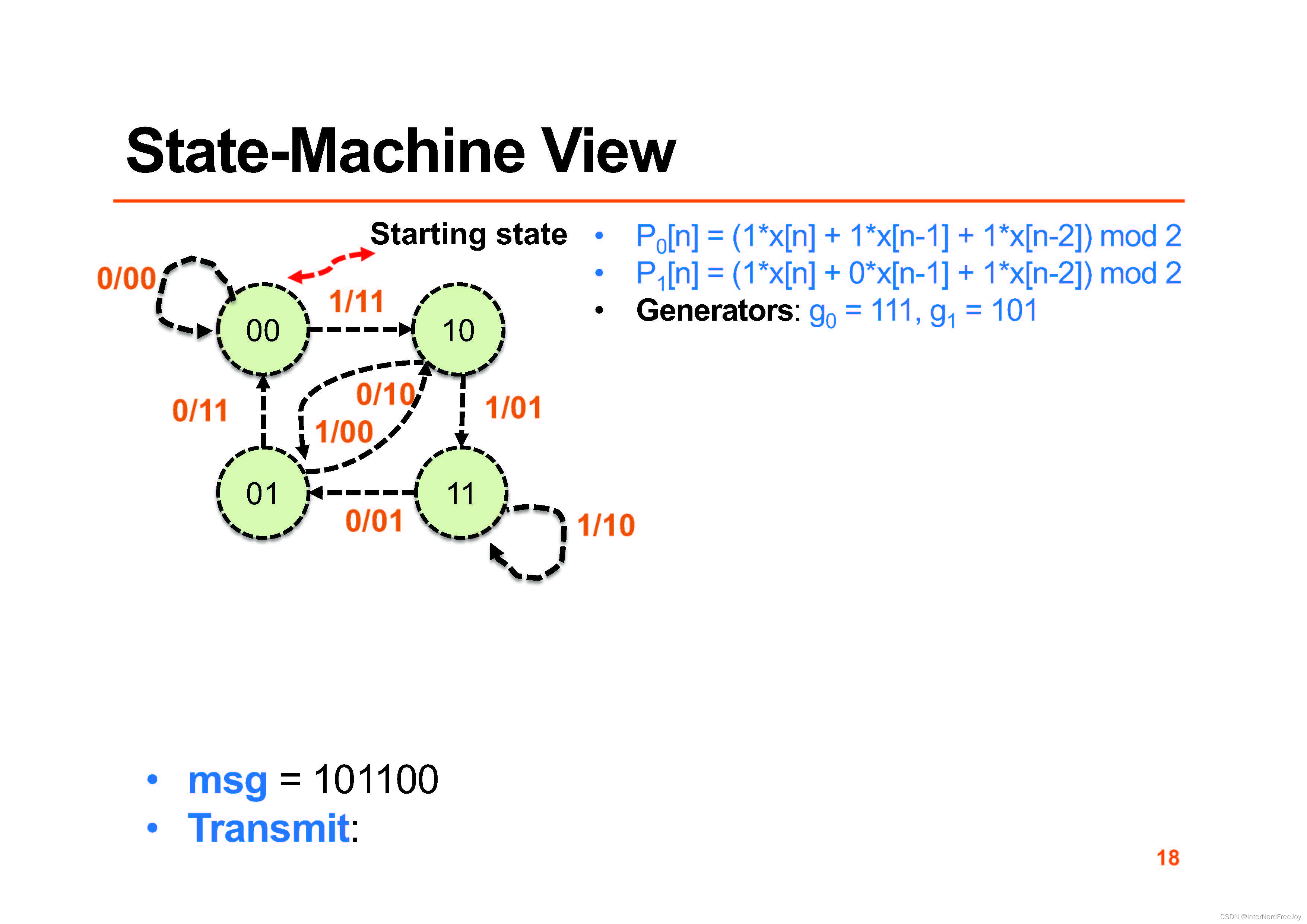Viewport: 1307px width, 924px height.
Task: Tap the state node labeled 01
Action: point(263,493)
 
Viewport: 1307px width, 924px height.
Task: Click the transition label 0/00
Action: point(126,279)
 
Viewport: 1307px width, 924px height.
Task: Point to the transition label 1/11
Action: point(356,301)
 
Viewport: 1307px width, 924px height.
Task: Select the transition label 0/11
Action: point(200,410)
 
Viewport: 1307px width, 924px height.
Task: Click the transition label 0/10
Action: point(386,394)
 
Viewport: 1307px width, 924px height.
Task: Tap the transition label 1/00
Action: point(344,432)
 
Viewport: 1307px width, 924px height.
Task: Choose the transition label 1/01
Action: point(513,408)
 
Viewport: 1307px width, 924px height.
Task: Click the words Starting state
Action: point(469,234)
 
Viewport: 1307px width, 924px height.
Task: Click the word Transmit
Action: point(268,828)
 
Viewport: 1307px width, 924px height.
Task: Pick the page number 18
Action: point(1168,857)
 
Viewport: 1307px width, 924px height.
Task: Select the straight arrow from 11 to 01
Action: point(364,492)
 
